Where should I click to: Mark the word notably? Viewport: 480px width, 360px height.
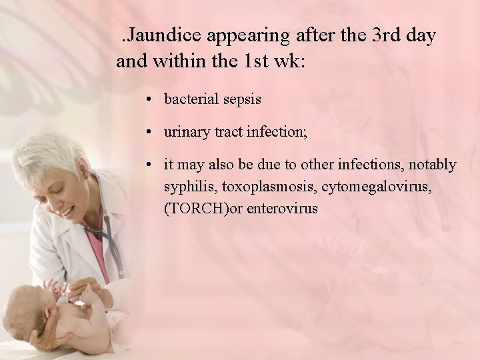coord(433,165)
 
